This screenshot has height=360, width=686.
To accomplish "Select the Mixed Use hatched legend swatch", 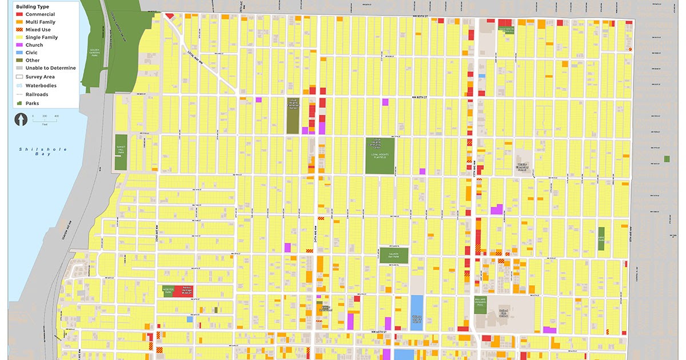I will point(19,30).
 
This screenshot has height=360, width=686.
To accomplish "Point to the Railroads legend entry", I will point(37,94).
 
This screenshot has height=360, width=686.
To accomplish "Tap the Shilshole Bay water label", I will point(43,151).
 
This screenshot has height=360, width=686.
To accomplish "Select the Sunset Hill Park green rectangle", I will point(121,152).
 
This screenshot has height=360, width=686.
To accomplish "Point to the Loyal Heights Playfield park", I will point(380,155).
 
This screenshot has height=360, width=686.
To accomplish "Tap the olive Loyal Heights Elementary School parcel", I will point(293,115).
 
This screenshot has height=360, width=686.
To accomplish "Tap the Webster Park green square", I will point(167,290).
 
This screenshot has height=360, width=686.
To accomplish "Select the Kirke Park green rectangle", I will point(601,241).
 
